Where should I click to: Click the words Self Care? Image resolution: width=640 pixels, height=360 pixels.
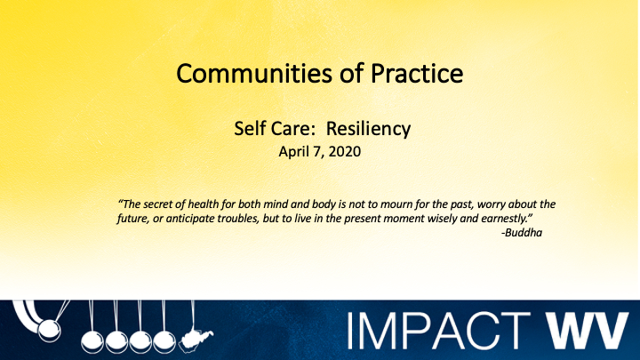click(262, 130)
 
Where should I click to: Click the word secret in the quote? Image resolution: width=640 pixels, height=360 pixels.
click(162, 203)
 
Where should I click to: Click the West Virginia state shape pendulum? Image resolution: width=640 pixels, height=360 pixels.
click(188, 341)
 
